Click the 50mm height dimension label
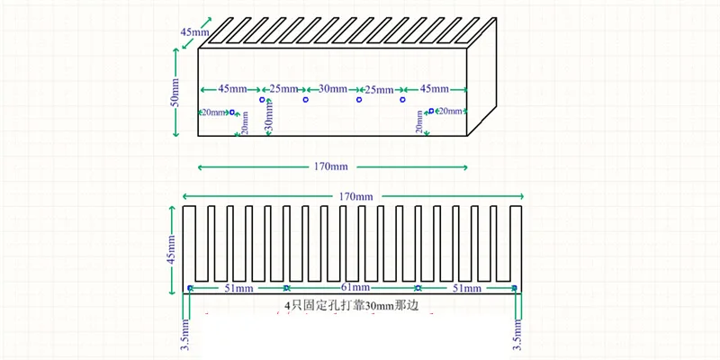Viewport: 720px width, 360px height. pyautogui.click(x=175, y=93)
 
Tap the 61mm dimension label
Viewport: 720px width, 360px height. pyautogui.click(x=352, y=288)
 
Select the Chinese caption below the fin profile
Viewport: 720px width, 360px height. pyautogui.click(x=352, y=305)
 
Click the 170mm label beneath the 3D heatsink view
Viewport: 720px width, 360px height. pyautogui.click(x=331, y=167)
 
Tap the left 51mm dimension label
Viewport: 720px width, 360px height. pyautogui.click(x=238, y=288)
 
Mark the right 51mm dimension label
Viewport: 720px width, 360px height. pyautogui.click(x=467, y=288)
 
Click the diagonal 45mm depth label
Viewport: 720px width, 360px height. pyautogui.click(x=194, y=32)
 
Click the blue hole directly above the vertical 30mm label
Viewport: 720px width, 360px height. pyautogui.click(x=262, y=99)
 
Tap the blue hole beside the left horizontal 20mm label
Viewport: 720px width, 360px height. pyautogui.click(x=232, y=112)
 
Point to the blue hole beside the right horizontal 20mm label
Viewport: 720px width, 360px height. pyautogui.click(x=431, y=111)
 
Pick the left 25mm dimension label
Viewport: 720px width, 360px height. pyautogui.click(x=283, y=88)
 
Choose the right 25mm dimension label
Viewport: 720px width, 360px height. pyautogui.click(x=379, y=89)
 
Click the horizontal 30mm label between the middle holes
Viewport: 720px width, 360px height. pyautogui.click(x=332, y=88)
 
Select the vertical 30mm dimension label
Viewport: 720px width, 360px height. pyautogui.click(x=270, y=117)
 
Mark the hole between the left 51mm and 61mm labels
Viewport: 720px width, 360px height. pyautogui.click(x=287, y=288)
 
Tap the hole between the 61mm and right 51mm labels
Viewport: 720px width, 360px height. pyautogui.click(x=418, y=288)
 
